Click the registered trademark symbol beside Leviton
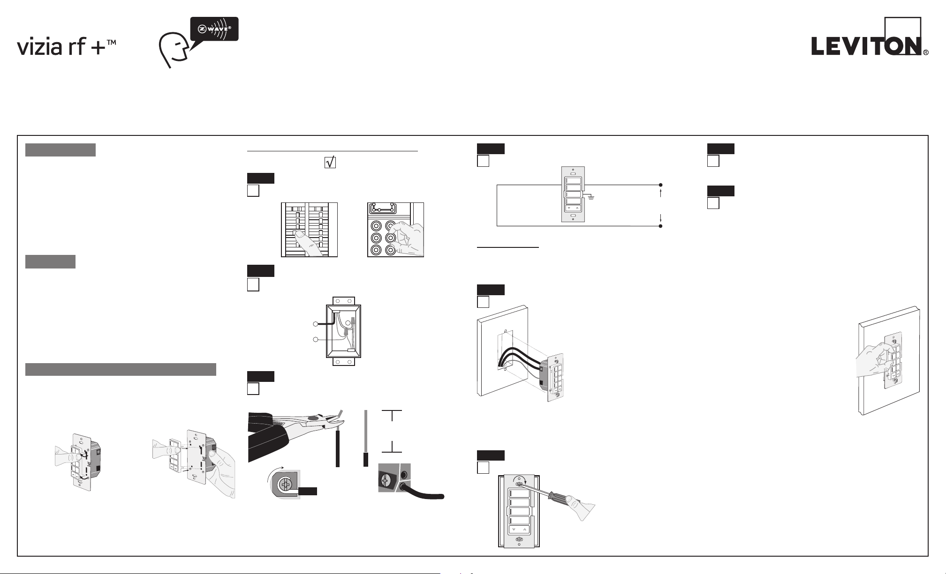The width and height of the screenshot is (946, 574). coord(925,53)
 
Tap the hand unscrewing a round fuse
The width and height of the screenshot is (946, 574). coord(407,239)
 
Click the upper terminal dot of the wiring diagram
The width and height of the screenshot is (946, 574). coord(660,185)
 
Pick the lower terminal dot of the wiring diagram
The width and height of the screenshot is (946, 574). coord(660,226)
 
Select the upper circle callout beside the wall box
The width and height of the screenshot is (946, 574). coord(315,324)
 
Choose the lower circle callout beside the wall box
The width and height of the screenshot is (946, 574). coord(315,339)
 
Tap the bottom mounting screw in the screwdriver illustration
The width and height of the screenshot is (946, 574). coord(519,540)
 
